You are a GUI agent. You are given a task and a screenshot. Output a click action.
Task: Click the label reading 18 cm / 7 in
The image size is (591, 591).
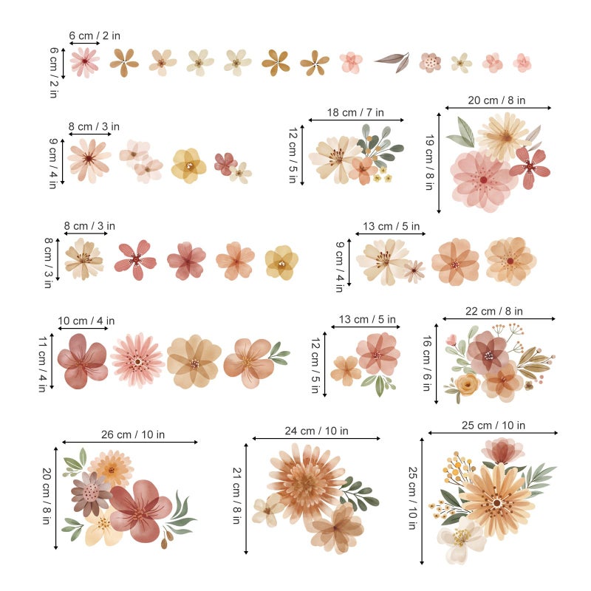(x=355, y=112)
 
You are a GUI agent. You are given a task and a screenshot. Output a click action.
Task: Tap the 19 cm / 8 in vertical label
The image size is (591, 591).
(x=429, y=163)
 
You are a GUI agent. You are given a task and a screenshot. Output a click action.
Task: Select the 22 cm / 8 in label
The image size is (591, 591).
(x=493, y=311)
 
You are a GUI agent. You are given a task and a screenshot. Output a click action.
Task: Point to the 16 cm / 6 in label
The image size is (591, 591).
(x=427, y=363)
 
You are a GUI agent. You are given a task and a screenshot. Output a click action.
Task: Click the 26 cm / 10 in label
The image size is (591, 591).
(x=133, y=434)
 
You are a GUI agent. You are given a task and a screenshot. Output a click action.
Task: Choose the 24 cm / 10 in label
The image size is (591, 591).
(x=316, y=431)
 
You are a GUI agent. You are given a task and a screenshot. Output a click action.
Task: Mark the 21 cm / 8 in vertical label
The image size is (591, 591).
(x=236, y=496)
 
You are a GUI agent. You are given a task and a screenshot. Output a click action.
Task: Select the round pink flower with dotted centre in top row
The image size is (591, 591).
(x=430, y=62)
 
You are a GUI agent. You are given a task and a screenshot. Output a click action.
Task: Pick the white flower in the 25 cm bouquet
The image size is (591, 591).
(x=461, y=539)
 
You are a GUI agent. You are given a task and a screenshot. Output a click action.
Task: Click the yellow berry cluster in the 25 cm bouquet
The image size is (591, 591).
(x=457, y=468)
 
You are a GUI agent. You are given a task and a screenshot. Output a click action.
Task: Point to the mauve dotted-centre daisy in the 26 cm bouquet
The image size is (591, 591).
(x=89, y=493)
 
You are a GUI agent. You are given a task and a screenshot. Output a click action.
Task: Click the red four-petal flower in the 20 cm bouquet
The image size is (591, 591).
(x=529, y=167)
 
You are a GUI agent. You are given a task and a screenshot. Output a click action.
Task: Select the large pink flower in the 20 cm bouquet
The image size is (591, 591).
(x=482, y=180)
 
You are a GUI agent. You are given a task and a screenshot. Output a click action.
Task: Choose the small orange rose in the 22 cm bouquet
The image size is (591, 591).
(x=468, y=384)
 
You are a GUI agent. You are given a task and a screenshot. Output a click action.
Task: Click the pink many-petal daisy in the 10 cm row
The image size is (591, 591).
(x=137, y=361)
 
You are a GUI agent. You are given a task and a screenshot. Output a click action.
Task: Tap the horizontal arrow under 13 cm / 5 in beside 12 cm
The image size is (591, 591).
(x=365, y=327)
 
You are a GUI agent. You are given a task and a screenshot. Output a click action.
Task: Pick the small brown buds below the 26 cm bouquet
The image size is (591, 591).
(x=167, y=539)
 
